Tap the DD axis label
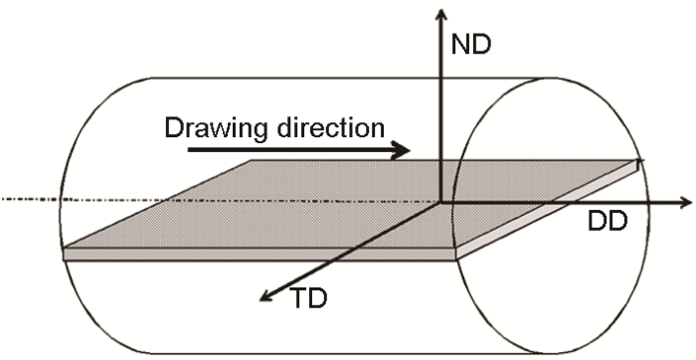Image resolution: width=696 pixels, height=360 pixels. [606, 222]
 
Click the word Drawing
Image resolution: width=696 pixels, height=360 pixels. [208, 128]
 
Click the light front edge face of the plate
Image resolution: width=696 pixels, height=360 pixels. [259, 255]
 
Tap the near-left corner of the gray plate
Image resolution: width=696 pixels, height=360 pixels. [65, 249]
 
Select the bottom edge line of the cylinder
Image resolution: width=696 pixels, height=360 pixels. [298, 352]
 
